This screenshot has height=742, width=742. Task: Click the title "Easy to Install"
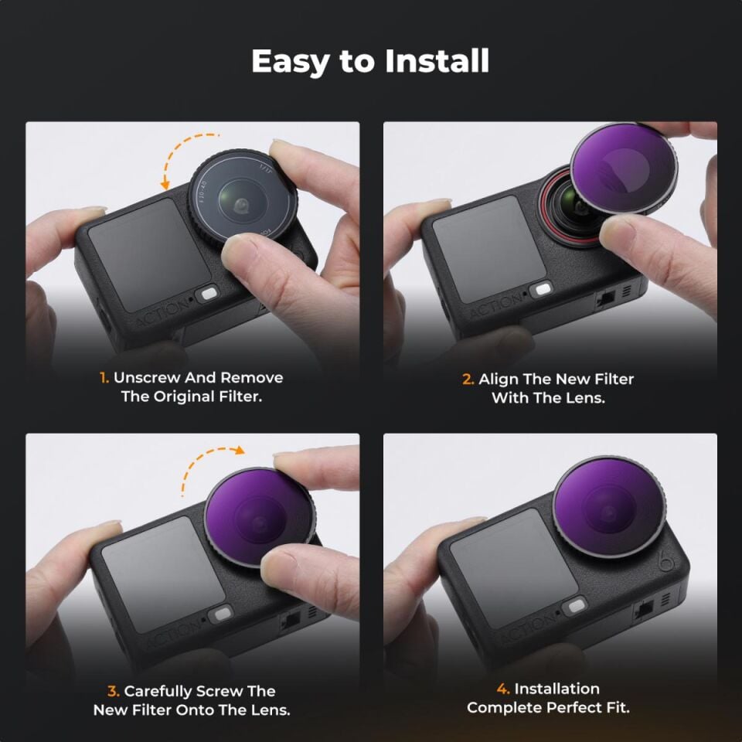pyautogui.click(x=370, y=62)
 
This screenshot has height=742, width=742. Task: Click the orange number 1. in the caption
pyautogui.click(x=104, y=378)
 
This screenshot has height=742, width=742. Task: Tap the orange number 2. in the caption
pyautogui.click(x=468, y=380)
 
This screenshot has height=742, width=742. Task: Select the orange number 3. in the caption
pyautogui.click(x=113, y=691)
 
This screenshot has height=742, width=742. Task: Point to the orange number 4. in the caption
pyautogui.click(x=502, y=689)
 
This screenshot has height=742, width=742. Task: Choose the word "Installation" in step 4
pyautogui.click(x=556, y=689)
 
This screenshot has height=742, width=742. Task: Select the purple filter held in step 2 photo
pyautogui.click(x=624, y=172)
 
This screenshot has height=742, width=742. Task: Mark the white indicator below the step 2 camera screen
pyautogui.click(x=543, y=290)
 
